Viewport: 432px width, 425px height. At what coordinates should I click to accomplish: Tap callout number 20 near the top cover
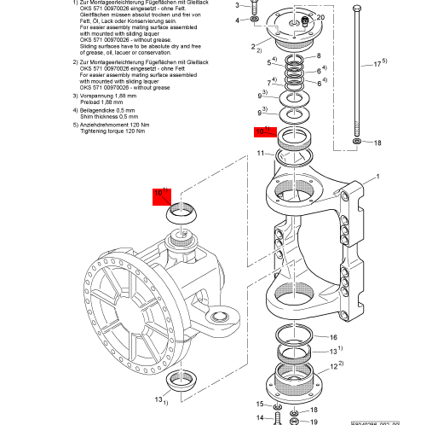pyautogui.click(x=320, y=17)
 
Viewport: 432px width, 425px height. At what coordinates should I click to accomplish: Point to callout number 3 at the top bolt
pyautogui.click(x=237, y=5)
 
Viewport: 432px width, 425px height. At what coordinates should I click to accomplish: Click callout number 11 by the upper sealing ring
pyautogui.click(x=262, y=153)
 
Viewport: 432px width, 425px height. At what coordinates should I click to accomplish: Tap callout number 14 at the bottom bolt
pyautogui.click(x=261, y=417)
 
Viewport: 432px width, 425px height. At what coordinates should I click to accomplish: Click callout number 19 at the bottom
pyautogui.click(x=314, y=421)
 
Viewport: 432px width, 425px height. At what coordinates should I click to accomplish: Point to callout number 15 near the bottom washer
pyautogui.click(x=261, y=404)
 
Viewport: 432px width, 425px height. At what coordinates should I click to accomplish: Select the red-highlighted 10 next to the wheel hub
pyautogui.click(x=158, y=195)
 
